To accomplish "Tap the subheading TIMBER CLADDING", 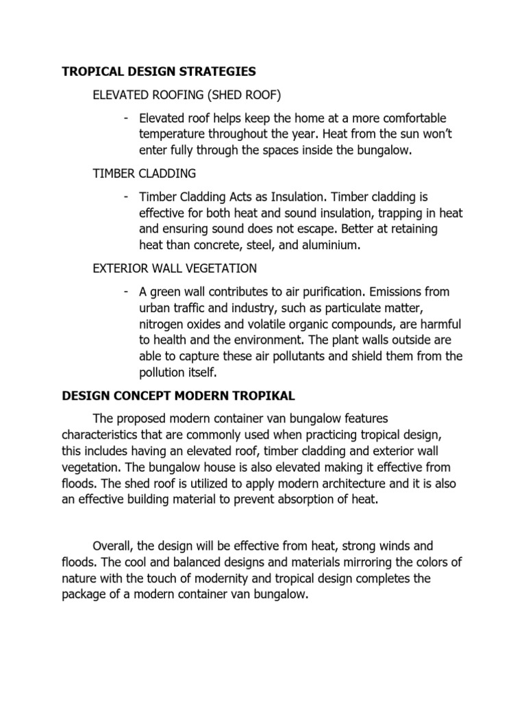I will pos(145,173).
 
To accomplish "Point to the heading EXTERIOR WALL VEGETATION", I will pos(175,268).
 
